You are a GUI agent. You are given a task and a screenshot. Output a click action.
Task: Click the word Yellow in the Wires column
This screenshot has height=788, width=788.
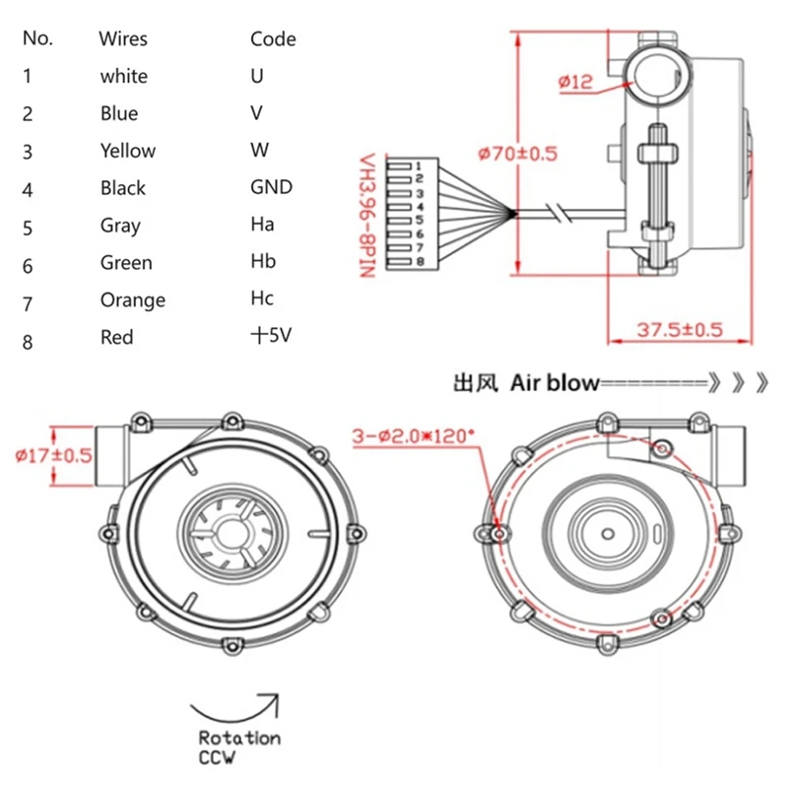[x=127, y=151]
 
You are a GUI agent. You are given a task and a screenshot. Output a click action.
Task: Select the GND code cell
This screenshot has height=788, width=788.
[x=271, y=187]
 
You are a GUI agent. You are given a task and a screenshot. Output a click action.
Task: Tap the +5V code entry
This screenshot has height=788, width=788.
[x=270, y=336]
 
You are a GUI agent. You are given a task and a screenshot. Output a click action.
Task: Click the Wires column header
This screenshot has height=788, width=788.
[x=123, y=39]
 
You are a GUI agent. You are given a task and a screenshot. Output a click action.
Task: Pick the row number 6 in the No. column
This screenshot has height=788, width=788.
[x=28, y=264]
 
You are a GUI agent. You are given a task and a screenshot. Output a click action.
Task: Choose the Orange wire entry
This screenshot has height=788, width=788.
[x=132, y=299]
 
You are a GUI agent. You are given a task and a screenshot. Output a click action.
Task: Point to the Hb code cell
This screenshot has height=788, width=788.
[x=263, y=262]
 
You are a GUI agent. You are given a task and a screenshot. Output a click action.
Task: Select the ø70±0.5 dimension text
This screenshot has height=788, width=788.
[x=517, y=154]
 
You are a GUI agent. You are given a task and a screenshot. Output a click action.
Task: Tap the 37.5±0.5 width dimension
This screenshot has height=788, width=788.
[x=679, y=329]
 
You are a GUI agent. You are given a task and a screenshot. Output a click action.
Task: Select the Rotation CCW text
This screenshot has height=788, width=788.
[x=238, y=747]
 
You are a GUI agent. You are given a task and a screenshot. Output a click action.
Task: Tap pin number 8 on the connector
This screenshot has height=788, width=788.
[x=419, y=261]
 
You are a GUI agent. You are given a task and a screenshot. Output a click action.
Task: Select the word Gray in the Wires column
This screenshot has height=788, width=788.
[x=120, y=225]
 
